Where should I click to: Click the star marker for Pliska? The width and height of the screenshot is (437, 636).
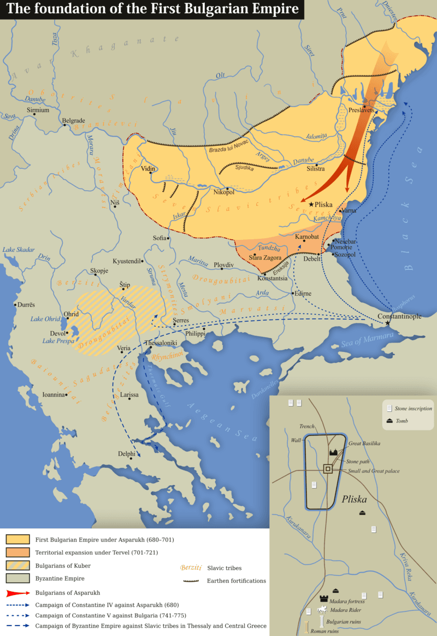(x=311, y=204)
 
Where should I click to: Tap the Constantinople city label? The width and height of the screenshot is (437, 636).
(x=399, y=317)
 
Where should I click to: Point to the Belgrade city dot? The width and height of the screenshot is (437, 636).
(x=64, y=125)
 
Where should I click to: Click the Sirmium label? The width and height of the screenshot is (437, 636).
(x=38, y=110)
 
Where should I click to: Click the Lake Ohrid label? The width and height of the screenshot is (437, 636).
(x=45, y=319)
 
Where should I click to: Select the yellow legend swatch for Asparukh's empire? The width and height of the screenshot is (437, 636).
(x=17, y=540)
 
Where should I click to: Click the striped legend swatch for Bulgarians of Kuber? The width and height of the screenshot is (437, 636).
(x=17, y=566)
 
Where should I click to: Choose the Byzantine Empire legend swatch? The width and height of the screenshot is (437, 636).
(x=17, y=578)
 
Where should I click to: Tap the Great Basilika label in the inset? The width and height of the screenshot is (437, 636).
(x=364, y=443)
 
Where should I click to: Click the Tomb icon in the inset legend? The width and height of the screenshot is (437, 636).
(x=389, y=420)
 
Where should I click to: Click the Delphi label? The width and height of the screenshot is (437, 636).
(x=127, y=454)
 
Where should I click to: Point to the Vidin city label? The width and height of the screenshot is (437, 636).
(x=148, y=169)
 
